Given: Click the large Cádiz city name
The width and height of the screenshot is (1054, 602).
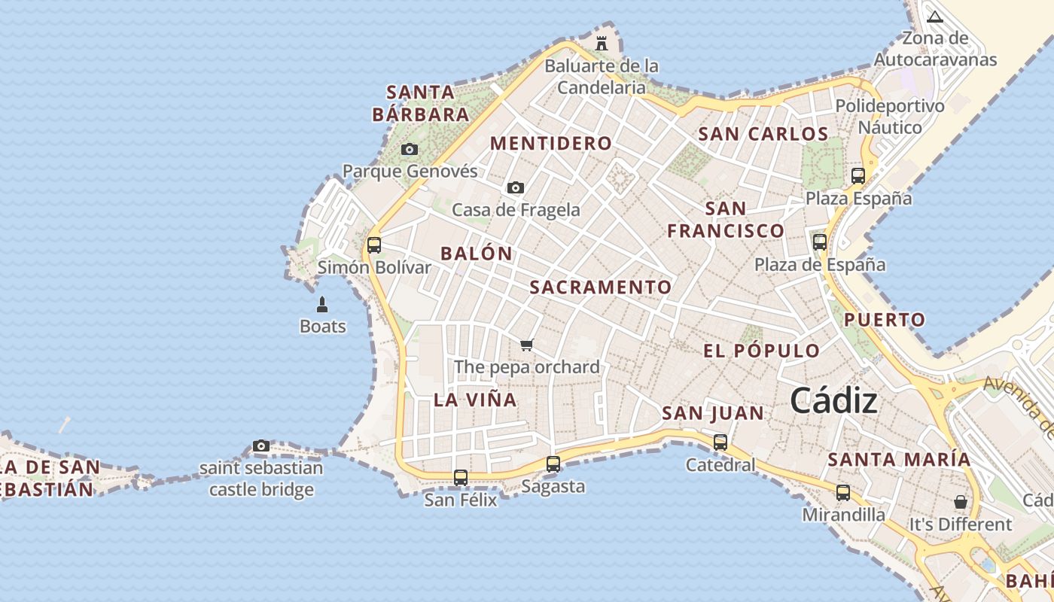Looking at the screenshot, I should click(x=833, y=401).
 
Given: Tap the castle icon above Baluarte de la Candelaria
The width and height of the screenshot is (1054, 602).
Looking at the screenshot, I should click(x=601, y=43).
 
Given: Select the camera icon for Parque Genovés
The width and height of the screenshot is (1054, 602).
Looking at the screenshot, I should click(x=409, y=149).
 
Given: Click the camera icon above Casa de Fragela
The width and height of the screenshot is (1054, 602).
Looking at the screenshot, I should click(x=515, y=187).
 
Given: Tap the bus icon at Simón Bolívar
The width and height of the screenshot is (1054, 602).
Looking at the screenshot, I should click(x=373, y=245).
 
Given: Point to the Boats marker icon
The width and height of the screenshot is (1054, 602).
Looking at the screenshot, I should click(x=322, y=305).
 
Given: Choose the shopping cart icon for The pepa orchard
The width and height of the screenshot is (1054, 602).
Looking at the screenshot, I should click(x=526, y=345).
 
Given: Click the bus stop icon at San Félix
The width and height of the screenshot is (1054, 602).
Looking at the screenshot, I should click(x=460, y=477).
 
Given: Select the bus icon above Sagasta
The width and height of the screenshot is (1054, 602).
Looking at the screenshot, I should click(x=553, y=464).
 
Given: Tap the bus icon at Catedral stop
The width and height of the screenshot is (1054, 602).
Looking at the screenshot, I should click(x=720, y=442).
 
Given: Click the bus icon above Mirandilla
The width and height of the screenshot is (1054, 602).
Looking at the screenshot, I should click(x=842, y=493).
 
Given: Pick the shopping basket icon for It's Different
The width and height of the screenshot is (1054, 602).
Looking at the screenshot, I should click(x=960, y=501).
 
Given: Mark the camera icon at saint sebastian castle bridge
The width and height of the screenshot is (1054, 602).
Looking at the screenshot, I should click(x=260, y=445).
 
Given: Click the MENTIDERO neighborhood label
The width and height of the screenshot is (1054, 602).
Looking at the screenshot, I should click(x=551, y=143).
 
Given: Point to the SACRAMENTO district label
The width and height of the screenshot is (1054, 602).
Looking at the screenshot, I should click(x=600, y=287).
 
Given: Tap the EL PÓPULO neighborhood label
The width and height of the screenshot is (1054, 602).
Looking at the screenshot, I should click(x=761, y=351).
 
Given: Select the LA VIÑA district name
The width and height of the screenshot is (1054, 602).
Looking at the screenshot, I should click(x=475, y=400).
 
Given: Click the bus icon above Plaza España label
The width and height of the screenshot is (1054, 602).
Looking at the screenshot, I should click(x=858, y=176).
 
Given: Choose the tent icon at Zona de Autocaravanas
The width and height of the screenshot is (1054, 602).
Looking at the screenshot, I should click(x=934, y=17).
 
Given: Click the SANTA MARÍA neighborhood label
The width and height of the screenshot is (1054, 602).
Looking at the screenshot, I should click(x=899, y=459).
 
